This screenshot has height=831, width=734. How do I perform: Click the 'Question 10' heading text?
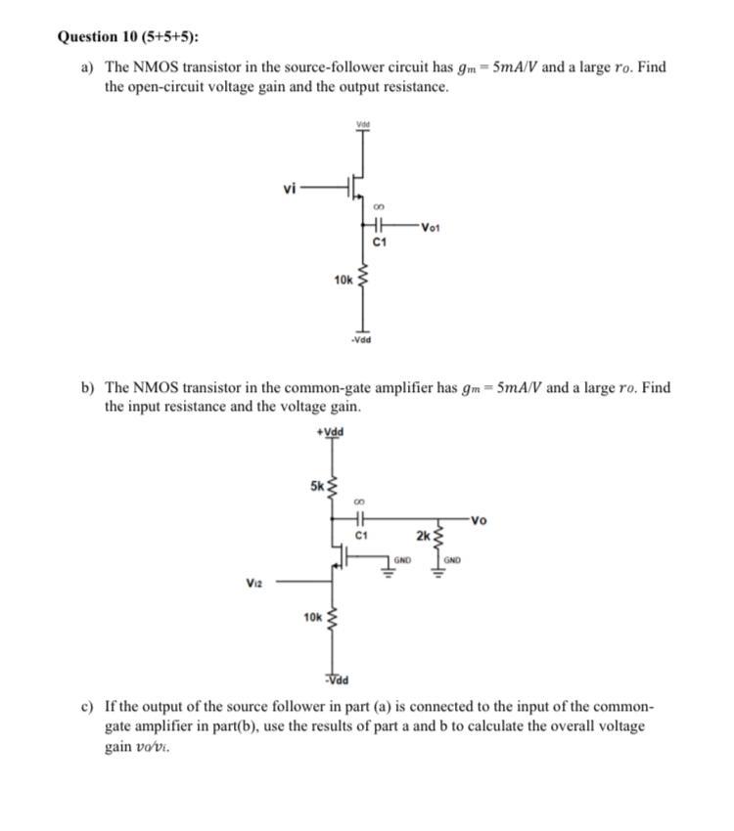click(x=98, y=37)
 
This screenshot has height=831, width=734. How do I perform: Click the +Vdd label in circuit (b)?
click(x=331, y=432)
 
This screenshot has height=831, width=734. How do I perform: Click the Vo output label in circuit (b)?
click(x=479, y=519)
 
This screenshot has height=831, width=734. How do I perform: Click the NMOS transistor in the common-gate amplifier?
click(x=340, y=557)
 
